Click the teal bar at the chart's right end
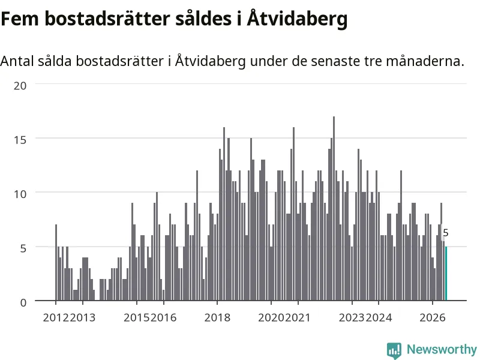tap(446, 274)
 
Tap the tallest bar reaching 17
tap(334, 208)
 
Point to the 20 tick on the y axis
tap(20, 86)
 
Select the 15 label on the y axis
tap(20, 140)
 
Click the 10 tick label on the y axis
tap(20, 194)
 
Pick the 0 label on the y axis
tap(23, 303)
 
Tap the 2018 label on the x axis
tap(217, 317)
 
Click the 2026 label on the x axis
tap(433, 317)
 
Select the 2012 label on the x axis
tap(56, 317)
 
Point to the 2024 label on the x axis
tap(379, 317)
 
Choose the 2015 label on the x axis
tap(137, 317)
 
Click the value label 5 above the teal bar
tap(446, 233)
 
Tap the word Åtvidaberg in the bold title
tap(297, 19)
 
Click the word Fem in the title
tap(20, 19)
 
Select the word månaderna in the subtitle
tap(425, 61)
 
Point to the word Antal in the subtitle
tap(17, 61)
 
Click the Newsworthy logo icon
tap(394, 350)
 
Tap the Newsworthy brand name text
tap(442, 349)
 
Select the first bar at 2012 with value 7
tap(56, 263)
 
